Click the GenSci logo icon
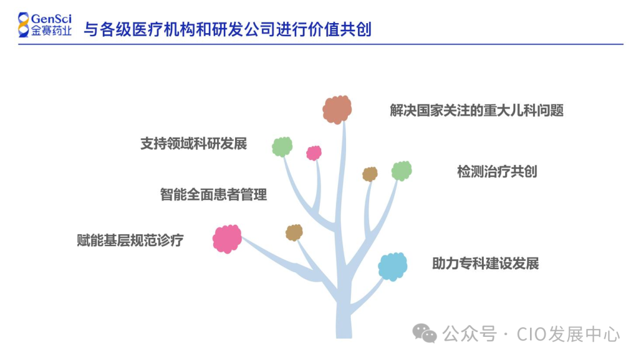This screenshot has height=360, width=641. pos(23,24)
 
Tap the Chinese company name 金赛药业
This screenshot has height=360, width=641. pos(52,31)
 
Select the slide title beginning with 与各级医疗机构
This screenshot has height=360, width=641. pos(227,29)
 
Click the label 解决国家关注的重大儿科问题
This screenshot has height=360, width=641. pos(477,110)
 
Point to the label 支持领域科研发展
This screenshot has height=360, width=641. pos(193,144)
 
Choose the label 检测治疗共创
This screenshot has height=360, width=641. pos(497,171)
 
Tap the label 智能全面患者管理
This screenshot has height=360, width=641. pos(213,194)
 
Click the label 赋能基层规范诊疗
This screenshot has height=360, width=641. pos(130,240)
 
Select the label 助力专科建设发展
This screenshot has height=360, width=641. pos(485,263)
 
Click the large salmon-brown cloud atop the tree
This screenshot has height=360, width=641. pos(337,109)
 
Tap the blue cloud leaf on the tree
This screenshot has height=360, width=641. pos(393,266)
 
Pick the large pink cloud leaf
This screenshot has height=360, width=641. pos(227,239)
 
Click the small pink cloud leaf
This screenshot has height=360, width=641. pos(314,153)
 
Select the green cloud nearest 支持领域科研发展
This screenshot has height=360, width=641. pos(283,146)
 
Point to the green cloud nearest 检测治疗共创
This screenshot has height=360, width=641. pos(402,171)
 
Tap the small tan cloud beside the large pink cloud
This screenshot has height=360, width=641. pos(294,232)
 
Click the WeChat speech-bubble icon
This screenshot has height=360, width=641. pos(425,333)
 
